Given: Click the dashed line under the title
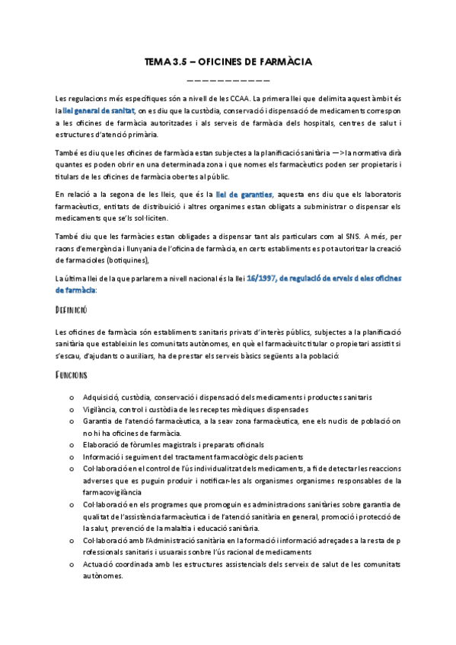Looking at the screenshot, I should tap(228, 80).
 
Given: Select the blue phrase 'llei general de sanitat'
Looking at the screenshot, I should tap(95, 110).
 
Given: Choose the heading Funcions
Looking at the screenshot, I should tap(73, 375).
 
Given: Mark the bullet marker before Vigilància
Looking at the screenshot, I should tap(72, 409).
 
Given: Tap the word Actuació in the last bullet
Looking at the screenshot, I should tap(101, 564).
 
